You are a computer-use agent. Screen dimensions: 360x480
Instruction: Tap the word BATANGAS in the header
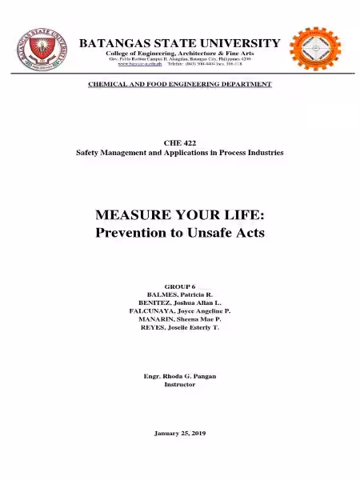[114, 42]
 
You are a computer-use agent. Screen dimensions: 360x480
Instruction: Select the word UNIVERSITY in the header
[241, 42]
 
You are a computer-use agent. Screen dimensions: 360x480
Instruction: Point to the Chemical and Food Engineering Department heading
[179, 83]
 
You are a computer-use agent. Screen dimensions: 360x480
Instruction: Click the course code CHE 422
[179, 142]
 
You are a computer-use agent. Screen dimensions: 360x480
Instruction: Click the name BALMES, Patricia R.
[179, 294]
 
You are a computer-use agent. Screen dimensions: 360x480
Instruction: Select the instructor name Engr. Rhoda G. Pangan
[179, 375]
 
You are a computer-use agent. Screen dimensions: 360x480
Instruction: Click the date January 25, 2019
[179, 433]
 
